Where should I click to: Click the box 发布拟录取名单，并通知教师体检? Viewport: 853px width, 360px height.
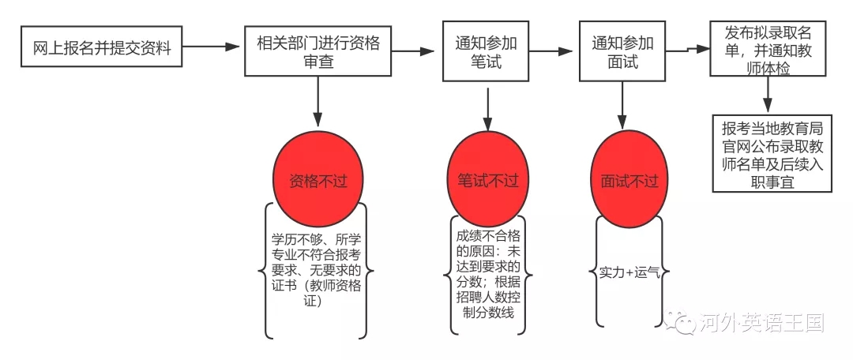(768, 50)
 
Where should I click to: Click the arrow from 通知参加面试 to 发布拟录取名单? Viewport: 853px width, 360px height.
(687, 50)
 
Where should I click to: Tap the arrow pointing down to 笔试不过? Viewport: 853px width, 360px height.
(488, 109)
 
